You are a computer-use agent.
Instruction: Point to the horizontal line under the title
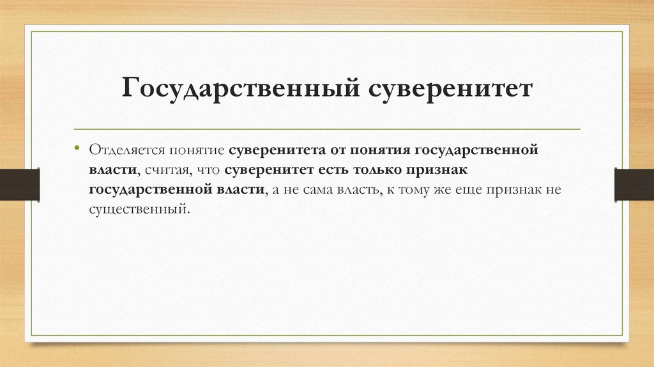[327, 129]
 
